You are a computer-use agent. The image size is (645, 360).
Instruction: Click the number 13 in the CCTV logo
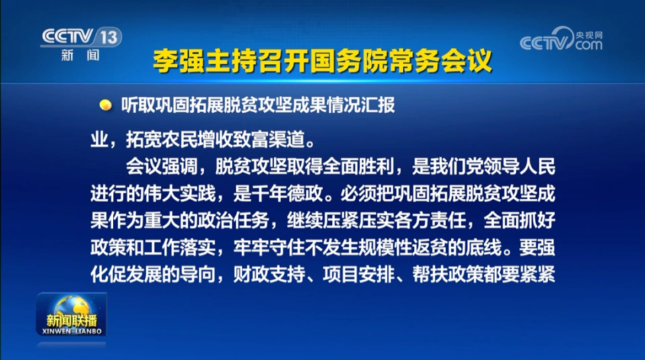(x=109, y=38)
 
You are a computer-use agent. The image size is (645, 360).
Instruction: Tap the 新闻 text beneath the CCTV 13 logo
(x=81, y=55)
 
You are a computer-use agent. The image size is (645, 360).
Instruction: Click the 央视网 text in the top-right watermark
(x=589, y=36)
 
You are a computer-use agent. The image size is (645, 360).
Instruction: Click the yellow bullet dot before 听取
(x=105, y=105)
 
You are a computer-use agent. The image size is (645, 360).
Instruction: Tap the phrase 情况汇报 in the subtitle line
(x=361, y=105)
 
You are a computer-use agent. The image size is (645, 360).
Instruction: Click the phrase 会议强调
(x=162, y=166)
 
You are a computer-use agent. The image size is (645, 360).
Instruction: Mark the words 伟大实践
(x=179, y=193)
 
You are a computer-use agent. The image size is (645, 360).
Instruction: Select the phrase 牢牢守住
(x=269, y=247)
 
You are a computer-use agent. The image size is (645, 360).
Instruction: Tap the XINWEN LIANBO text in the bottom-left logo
(x=72, y=331)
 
